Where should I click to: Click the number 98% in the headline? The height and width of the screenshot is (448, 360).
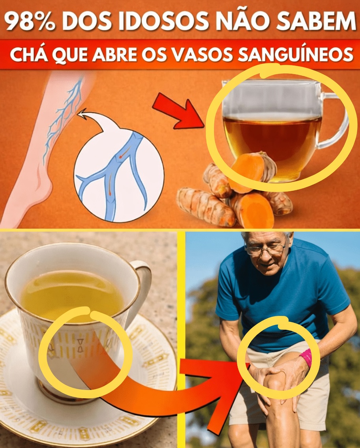coord(30,22)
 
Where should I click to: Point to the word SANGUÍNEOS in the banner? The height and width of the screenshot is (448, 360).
coord(300,54)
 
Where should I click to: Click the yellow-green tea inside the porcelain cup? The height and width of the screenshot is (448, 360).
coord(71,296)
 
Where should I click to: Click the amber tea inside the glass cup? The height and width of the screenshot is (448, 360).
coord(272,138)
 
